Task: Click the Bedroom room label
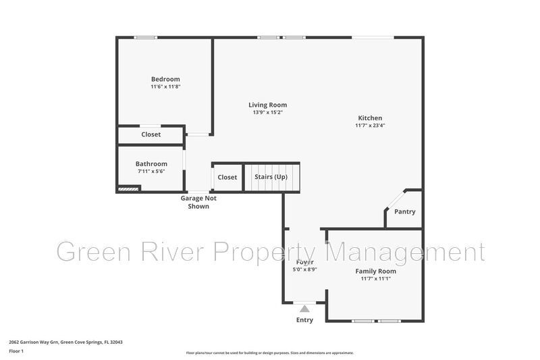[x=165, y=79]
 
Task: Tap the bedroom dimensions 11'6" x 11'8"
[x=165, y=87]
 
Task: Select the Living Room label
[x=267, y=105]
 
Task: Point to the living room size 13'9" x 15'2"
[x=267, y=112]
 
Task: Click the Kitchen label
[x=370, y=118]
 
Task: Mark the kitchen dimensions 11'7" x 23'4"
[x=370, y=126]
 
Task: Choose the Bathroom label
[x=151, y=163]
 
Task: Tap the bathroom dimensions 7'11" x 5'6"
[x=151, y=172]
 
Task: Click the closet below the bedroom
[x=151, y=134]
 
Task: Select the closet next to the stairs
[x=227, y=178]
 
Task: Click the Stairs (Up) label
[x=271, y=177]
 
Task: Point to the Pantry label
[x=405, y=212]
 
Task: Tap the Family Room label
[x=376, y=271]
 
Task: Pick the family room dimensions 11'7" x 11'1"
[x=376, y=278]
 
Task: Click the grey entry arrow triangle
[x=304, y=309]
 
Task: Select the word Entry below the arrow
[x=304, y=319]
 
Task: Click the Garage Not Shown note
[x=198, y=202]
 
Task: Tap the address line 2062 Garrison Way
[x=65, y=342]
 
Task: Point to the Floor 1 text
[x=16, y=351]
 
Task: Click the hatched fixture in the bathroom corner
[x=128, y=190]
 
